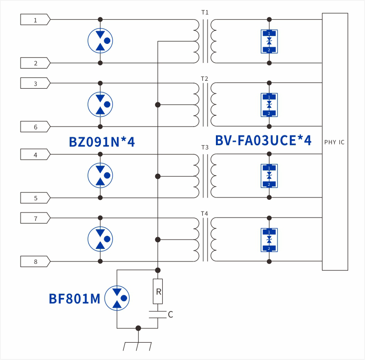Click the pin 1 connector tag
(35, 20)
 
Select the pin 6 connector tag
(35, 127)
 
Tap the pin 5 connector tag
(35, 198)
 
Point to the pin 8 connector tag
(35, 261)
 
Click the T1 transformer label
(205, 12)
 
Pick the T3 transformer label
(205, 147)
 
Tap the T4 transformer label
(205, 213)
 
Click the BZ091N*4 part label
(101, 142)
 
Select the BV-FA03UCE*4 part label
(263, 141)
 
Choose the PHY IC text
(334, 142)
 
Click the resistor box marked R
(158, 292)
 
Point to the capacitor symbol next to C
(158, 313)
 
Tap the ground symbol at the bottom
(137, 344)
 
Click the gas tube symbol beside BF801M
(116, 298)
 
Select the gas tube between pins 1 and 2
(100, 41)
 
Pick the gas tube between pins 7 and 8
(100, 240)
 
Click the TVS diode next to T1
(269, 42)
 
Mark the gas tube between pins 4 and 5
(100, 176)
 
